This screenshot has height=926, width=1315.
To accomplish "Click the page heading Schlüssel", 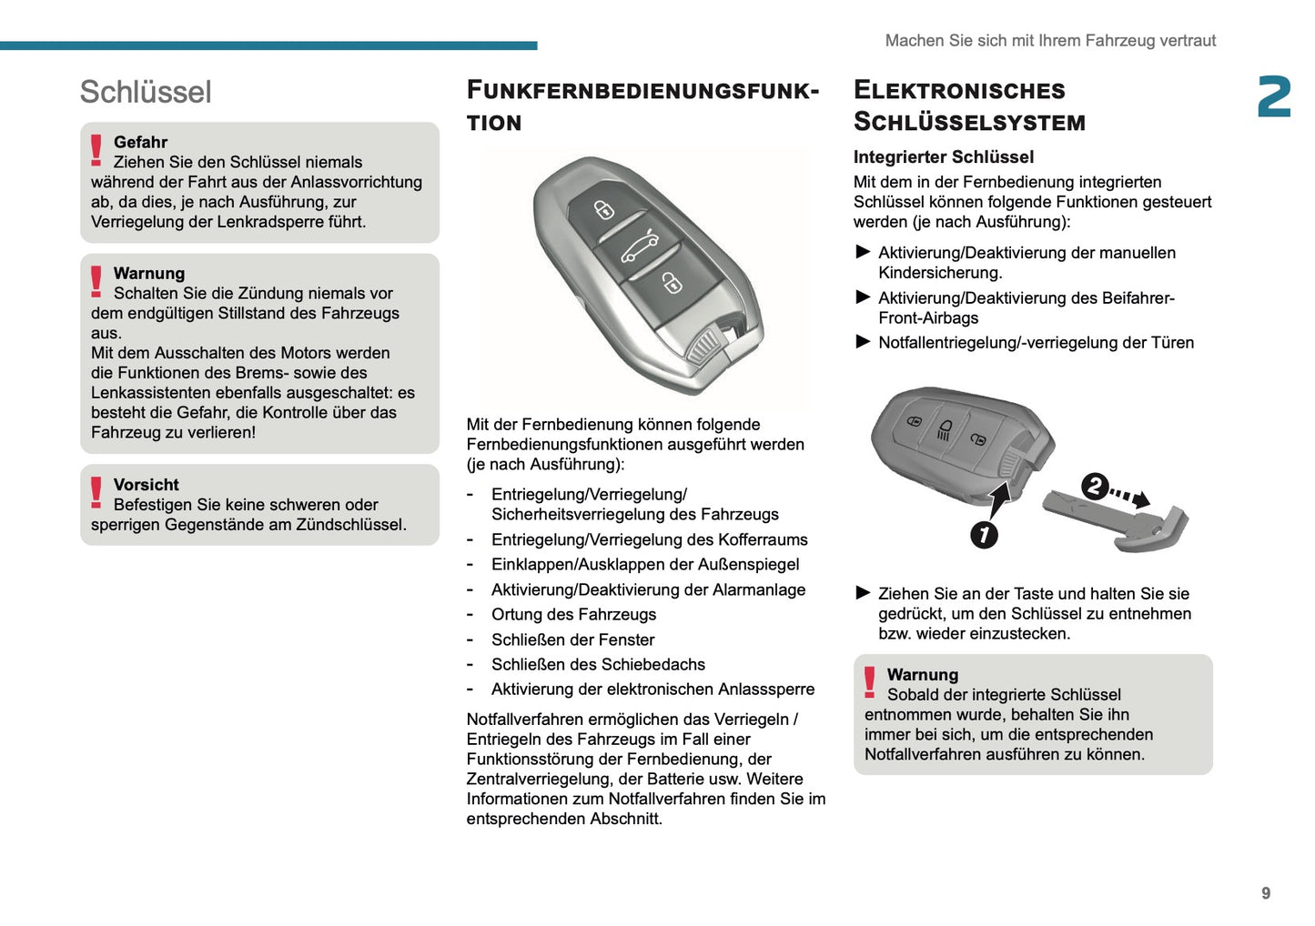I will pyautogui.click(x=146, y=92).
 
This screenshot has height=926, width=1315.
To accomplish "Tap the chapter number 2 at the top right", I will pyautogui.click(x=1274, y=97).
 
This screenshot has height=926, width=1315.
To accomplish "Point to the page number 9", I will pyautogui.click(x=1266, y=893).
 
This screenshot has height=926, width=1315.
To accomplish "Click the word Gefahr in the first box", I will pyautogui.click(x=140, y=142).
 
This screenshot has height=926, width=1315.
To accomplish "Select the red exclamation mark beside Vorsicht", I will pyautogui.click(x=96, y=492).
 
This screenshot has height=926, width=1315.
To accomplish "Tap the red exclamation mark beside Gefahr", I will pyautogui.click(x=96, y=150).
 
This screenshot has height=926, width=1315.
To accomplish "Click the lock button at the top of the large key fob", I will pyautogui.click(x=604, y=210).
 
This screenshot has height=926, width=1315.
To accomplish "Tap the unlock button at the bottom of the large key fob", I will pyautogui.click(x=671, y=284).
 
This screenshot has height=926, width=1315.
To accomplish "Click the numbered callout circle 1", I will pyautogui.click(x=984, y=535).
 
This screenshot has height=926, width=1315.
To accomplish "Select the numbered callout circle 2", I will pyautogui.click(x=1095, y=487).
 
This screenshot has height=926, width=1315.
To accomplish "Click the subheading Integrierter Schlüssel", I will pyautogui.click(x=944, y=156).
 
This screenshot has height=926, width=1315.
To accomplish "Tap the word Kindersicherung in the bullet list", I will pyautogui.click(x=939, y=273).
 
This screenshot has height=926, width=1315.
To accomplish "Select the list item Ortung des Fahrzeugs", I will pyautogui.click(x=573, y=615).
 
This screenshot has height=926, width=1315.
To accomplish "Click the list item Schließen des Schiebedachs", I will pyautogui.click(x=598, y=665).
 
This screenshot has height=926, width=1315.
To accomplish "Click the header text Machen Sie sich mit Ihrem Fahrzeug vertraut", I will pyautogui.click(x=1050, y=40).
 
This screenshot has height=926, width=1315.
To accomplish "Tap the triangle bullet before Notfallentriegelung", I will pyautogui.click(x=864, y=342).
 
